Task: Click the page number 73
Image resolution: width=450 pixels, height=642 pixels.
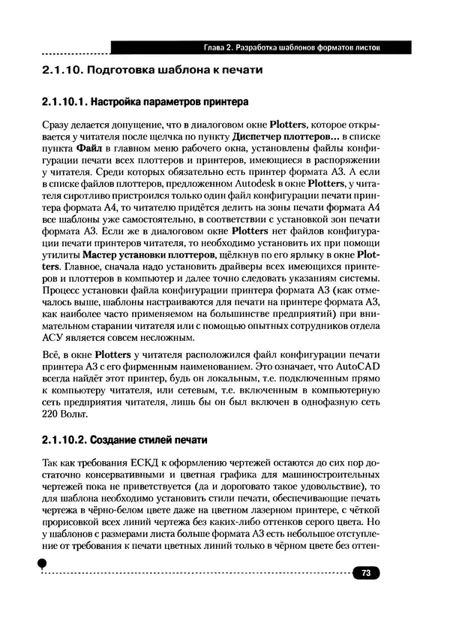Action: pos(367,573)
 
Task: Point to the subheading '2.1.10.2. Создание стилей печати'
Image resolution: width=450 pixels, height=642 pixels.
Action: pos(124,439)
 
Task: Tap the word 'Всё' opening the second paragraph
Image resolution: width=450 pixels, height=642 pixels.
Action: pos(48,355)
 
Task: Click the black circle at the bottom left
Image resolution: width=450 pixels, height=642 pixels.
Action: pos(43,564)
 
